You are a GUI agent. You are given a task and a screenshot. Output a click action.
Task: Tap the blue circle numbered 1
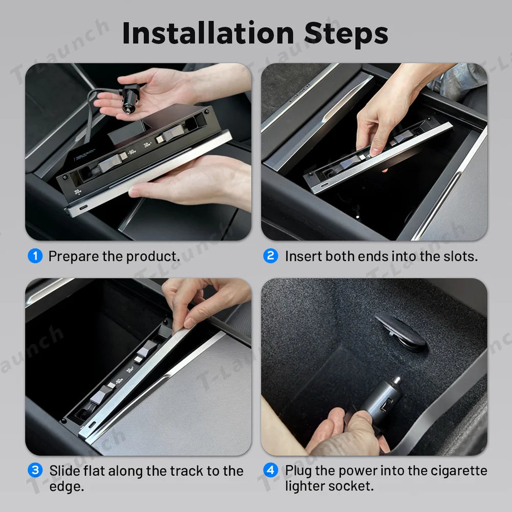click(x=35, y=255)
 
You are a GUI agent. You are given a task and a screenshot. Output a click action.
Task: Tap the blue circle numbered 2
click(x=270, y=255)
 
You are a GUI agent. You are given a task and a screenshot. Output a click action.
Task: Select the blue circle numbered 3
click(x=35, y=470)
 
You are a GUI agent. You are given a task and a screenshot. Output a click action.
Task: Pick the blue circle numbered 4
click(x=270, y=470)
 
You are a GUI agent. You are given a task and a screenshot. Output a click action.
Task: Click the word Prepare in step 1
click(x=73, y=257)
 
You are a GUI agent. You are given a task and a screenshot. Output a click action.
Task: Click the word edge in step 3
click(x=67, y=487)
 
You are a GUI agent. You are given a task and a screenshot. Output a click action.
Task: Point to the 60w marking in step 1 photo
click(x=132, y=152)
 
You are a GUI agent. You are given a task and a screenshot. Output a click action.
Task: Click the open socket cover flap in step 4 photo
click(x=401, y=331)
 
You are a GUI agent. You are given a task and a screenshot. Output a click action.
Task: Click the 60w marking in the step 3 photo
click(x=119, y=381)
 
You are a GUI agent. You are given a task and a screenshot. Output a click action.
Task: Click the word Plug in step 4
click(x=299, y=472)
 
